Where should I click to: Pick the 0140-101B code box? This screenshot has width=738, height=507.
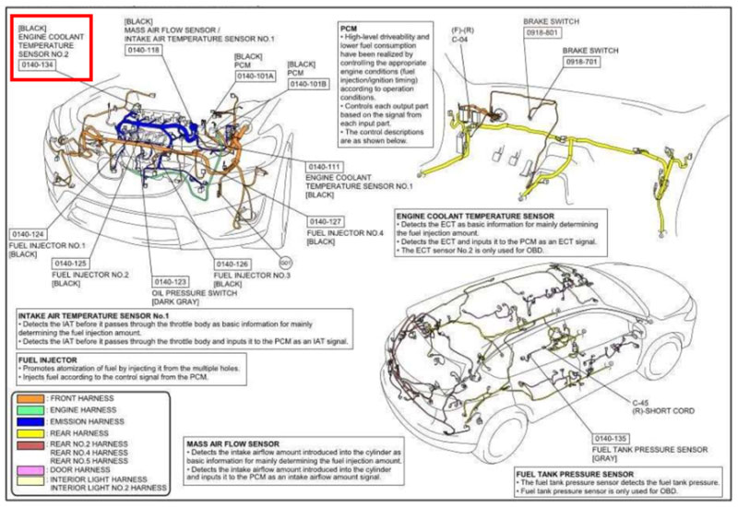tap(309, 84)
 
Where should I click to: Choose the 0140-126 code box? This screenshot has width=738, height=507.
tap(234, 264)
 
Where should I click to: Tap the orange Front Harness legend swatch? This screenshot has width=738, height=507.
tap(30, 398)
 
